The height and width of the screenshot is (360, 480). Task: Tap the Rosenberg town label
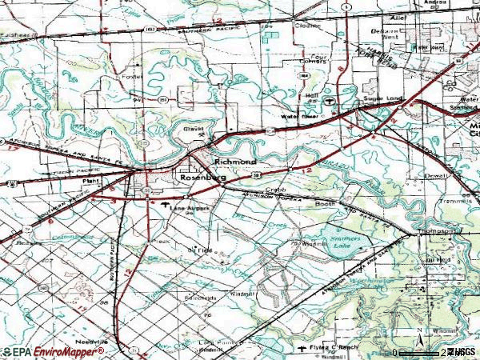pyautogui.click(x=201, y=178)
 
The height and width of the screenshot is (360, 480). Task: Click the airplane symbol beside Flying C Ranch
pyautogui.click(x=302, y=348)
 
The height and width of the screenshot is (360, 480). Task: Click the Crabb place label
pyautogui.click(x=276, y=190)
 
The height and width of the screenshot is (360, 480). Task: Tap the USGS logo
pyautogui.click(x=462, y=352)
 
